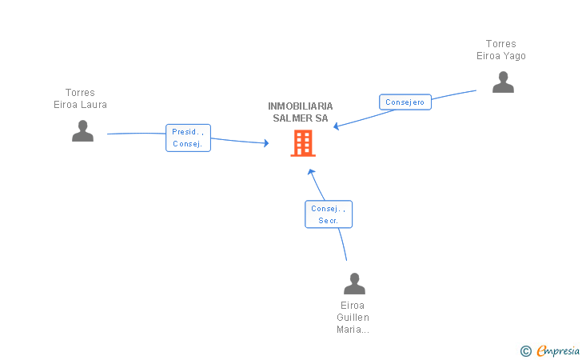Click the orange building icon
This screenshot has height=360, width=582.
(x=303, y=143)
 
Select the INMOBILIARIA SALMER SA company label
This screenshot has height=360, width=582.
(x=301, y=112)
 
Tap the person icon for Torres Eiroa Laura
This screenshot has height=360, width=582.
(x=83, y=130)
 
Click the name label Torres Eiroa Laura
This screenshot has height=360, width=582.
(x=80, y=98)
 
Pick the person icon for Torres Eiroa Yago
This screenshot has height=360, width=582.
(x=503, y=82)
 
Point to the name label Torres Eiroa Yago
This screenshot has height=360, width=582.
(x=501, y=50)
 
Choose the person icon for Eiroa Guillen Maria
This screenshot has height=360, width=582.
(x=354, y=283)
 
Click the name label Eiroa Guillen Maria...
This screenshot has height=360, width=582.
(x=353, y=318)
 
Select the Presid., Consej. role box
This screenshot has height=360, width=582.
(x=188, y=138)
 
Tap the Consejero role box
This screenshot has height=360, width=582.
(x=405, y=102)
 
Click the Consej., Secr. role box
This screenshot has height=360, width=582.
(x=329, y=214)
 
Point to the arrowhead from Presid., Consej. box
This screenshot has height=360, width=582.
(x=266, y=143)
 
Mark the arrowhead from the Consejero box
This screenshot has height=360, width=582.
(x=336, y=126)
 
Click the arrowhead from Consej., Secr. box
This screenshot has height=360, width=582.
(x=311, y=172)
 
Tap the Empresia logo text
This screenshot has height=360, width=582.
(x=558, y=350)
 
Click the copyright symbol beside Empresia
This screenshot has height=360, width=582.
(x=525, y=351)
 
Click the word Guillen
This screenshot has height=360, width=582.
(x=353, y=318)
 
